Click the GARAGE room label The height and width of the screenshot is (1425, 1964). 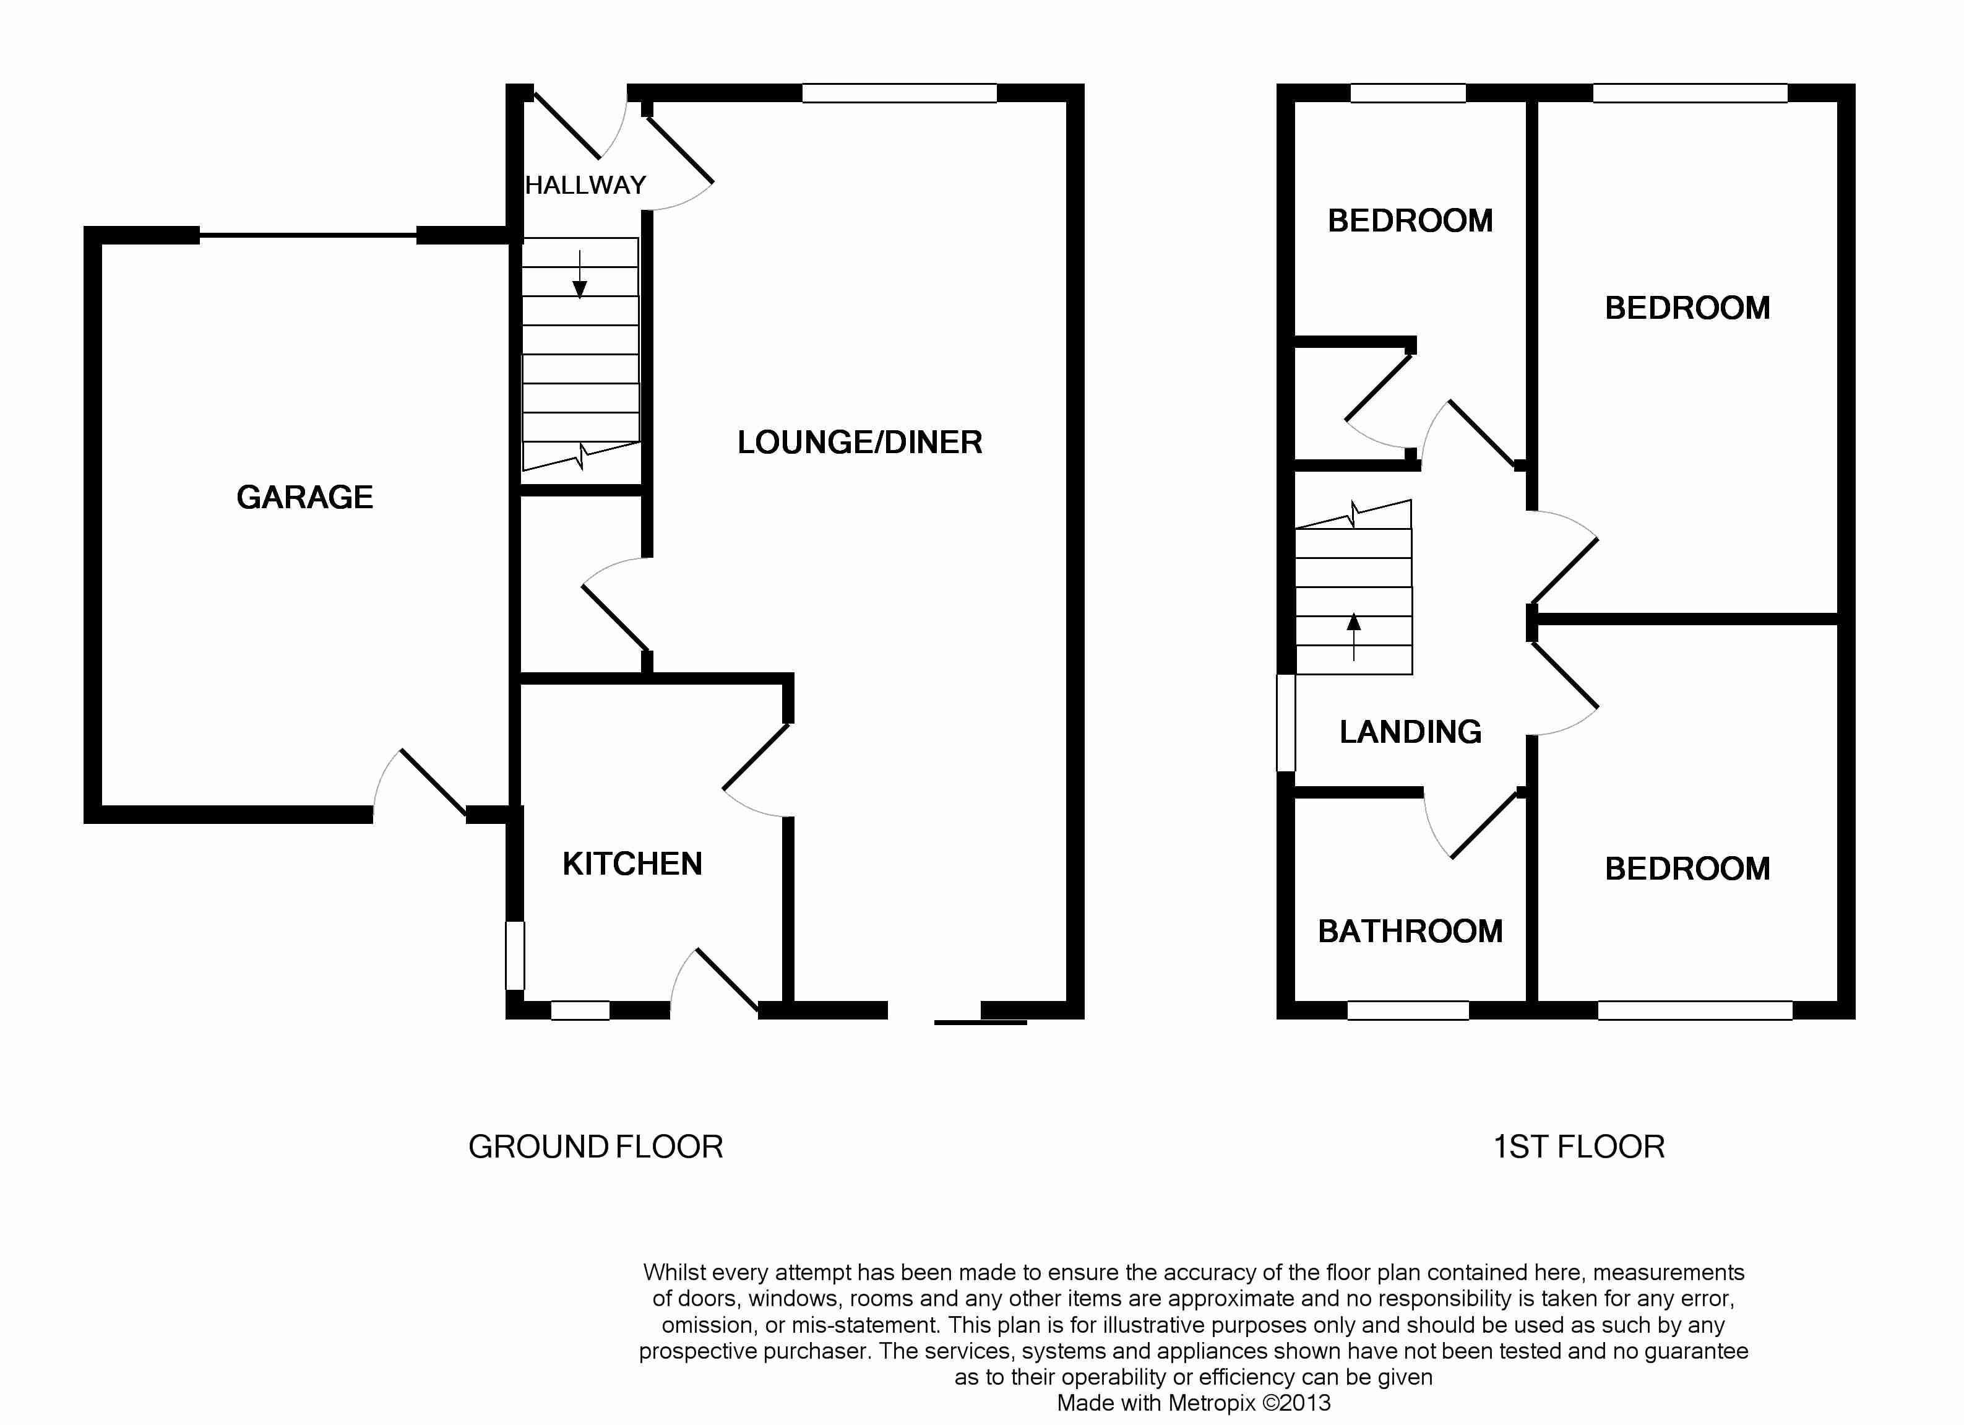point(305,497)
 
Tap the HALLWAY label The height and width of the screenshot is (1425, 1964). point(585,185)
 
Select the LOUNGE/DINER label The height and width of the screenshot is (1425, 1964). point(860,443)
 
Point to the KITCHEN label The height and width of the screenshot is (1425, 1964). point(632,864)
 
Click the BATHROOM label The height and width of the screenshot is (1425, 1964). point(1410,931)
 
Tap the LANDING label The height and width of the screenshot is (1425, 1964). point(1410,732)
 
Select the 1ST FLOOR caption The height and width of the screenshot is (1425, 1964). point(1579,1147)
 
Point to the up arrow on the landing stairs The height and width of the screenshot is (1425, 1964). point(1353,637)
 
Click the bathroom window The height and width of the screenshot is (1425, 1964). point(1408,1010)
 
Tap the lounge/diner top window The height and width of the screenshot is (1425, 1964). point(899,93)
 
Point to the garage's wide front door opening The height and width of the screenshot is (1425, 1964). point(308,235)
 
